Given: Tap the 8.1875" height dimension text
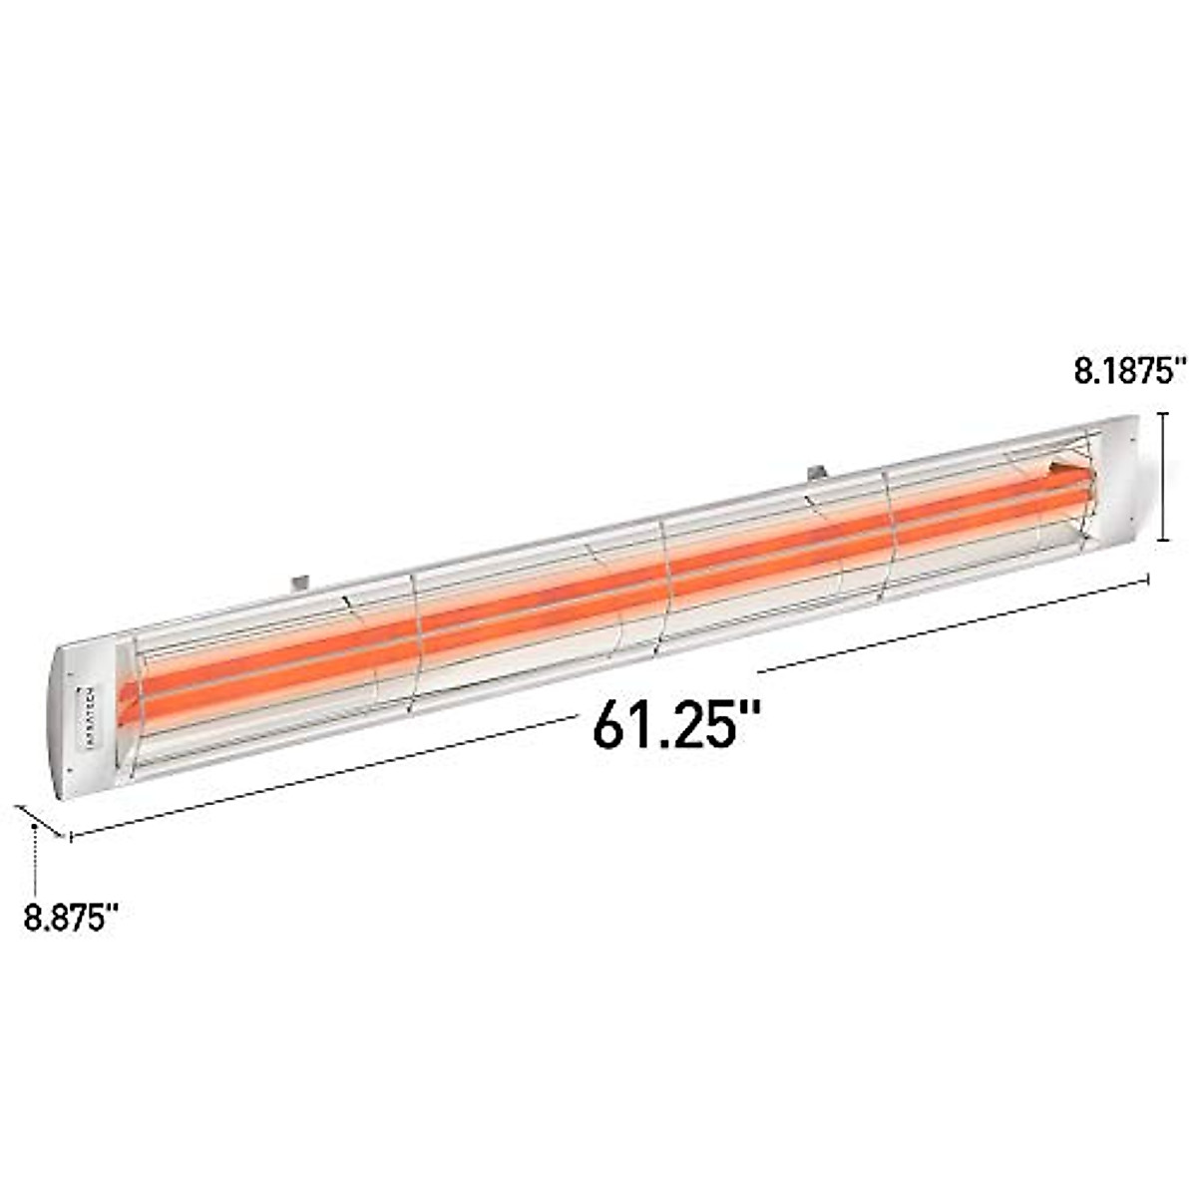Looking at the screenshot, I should coord(1128,372).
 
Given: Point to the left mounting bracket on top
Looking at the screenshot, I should coord(299,580).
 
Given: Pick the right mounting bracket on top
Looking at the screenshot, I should coord(817,470).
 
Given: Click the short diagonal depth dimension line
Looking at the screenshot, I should coord(41,820).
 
